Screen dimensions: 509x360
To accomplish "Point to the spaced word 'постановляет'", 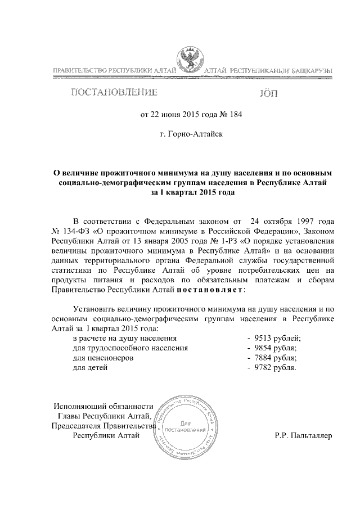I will (x=210, y=290).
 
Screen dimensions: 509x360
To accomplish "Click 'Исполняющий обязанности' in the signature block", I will (x=103, y=406).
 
